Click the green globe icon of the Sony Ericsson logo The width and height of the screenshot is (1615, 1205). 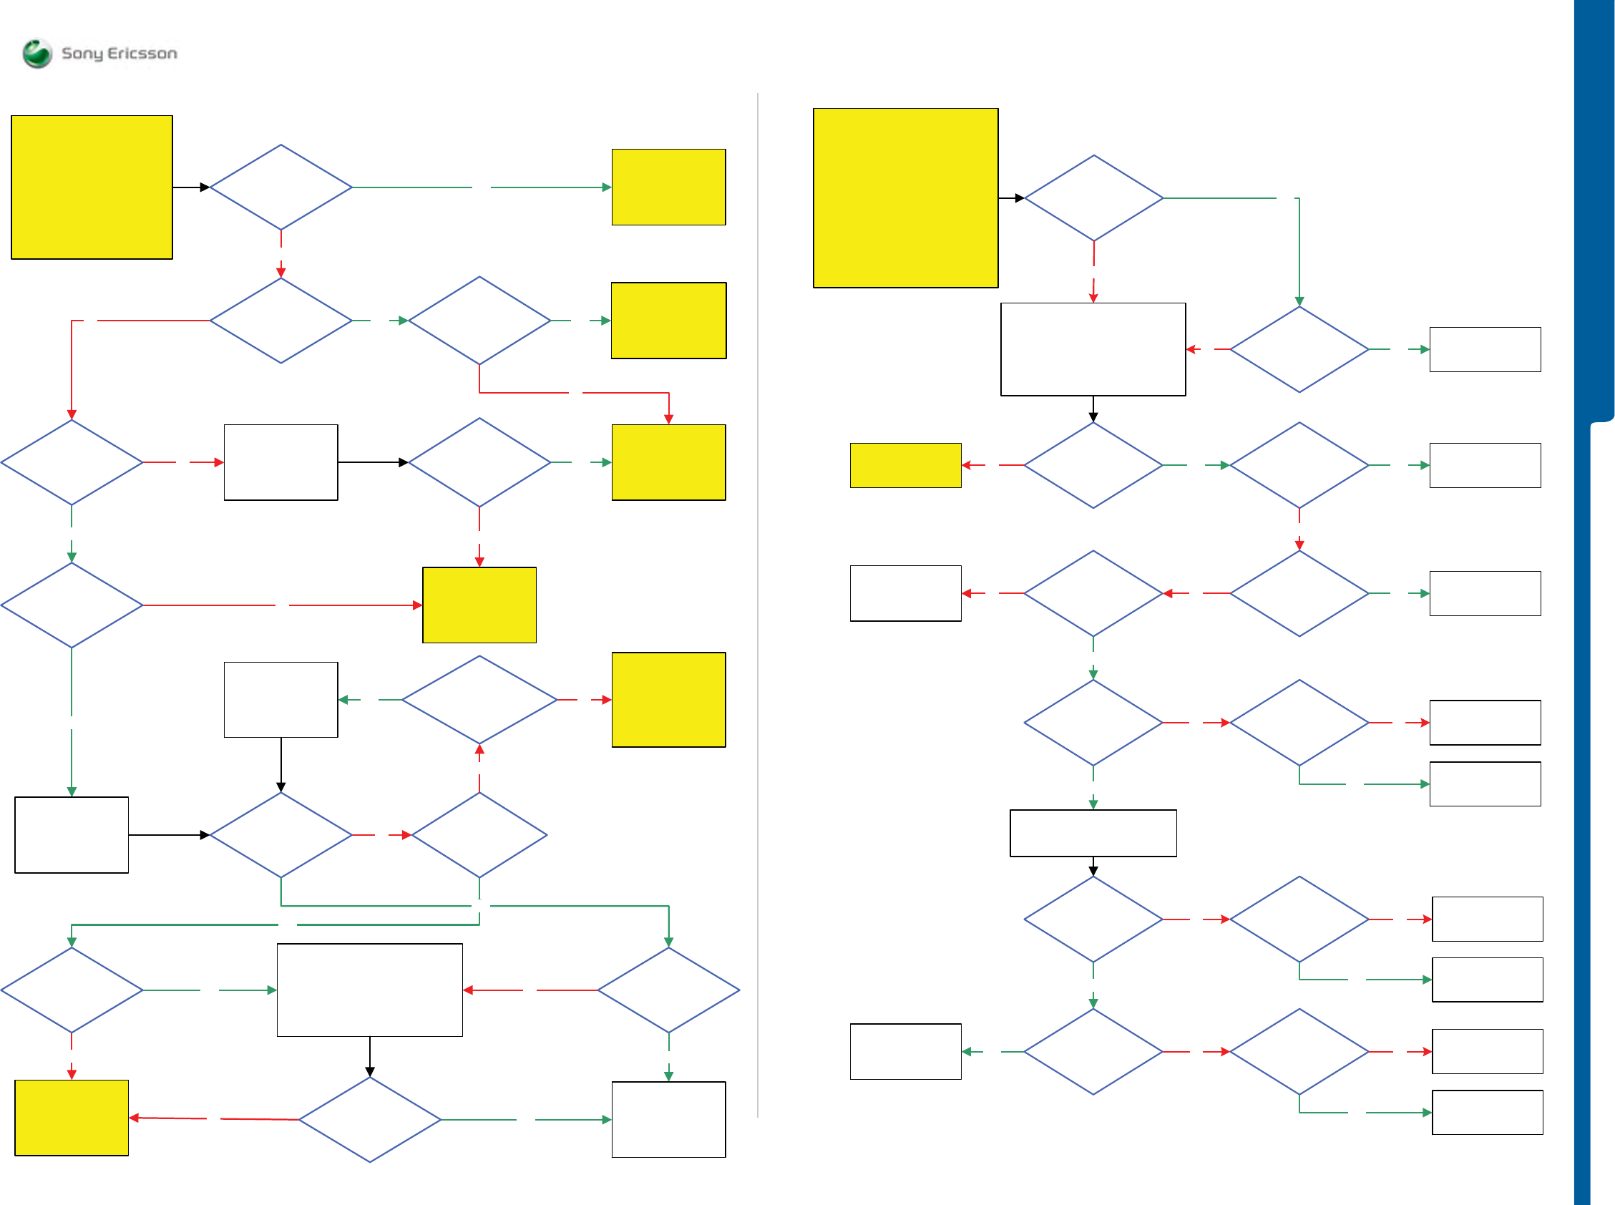coord(37,53)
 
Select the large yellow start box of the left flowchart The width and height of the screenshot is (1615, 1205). coord(92,187)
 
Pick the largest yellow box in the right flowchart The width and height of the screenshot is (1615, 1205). coord(905,197)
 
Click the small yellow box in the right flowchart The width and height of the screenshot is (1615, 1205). coord(905,465)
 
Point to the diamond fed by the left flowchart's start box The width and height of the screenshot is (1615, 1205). coord(280,187)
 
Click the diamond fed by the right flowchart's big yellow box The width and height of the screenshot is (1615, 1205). coord(1093,197)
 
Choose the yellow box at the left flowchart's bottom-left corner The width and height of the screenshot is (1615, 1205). coord(72,1118)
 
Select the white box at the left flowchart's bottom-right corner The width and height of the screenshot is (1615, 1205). coord(668,1119)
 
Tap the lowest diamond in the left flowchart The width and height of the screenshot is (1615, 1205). coord(370,1119)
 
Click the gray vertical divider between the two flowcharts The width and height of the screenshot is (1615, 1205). coord(758,605)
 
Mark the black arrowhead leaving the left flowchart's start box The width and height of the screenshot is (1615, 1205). coord(205,187)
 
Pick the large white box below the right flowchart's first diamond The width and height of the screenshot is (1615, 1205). coord(1093,349)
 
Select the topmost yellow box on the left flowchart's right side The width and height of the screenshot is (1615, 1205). coord(668,187)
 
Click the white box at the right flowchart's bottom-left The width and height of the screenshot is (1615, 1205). coord(905,1051)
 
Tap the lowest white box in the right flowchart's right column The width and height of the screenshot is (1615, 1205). coord(1488,1113)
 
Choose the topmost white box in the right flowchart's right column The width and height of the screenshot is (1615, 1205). coord(1485,349)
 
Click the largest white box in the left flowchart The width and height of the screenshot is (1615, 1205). coord(370,990)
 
